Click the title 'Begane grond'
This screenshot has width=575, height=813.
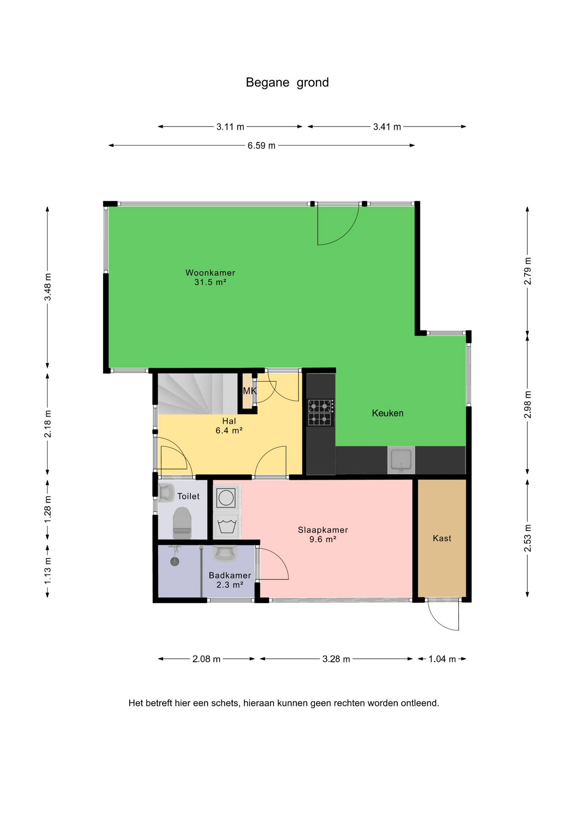pos(287,83)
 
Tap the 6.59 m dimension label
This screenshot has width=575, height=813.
pos(261,146)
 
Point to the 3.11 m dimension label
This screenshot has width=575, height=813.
pos(230,127)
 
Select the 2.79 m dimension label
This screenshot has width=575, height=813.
pos(527,271)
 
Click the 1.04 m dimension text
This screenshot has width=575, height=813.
pos(442,659)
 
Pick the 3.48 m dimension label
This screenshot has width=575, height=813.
pos(47,287)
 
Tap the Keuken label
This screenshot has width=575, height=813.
pos(387,413)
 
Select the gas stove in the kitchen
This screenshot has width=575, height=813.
pos(321,412)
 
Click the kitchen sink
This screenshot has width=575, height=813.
pos(401,460)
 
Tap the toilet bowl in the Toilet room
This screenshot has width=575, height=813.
pos(182,523)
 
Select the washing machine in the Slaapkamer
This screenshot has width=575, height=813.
pos(227,498)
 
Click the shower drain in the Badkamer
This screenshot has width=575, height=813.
pos(174,561)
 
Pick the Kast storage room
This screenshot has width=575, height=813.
pos(442,538)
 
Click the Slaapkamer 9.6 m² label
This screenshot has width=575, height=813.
pos(323,534)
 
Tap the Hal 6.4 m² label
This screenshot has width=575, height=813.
pos(229,426)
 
